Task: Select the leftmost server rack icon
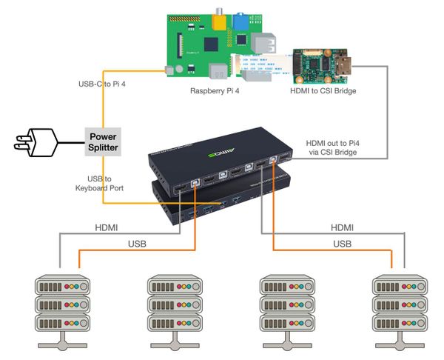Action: click(x=61, y=307)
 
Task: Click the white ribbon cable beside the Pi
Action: click(x=263, y=67)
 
